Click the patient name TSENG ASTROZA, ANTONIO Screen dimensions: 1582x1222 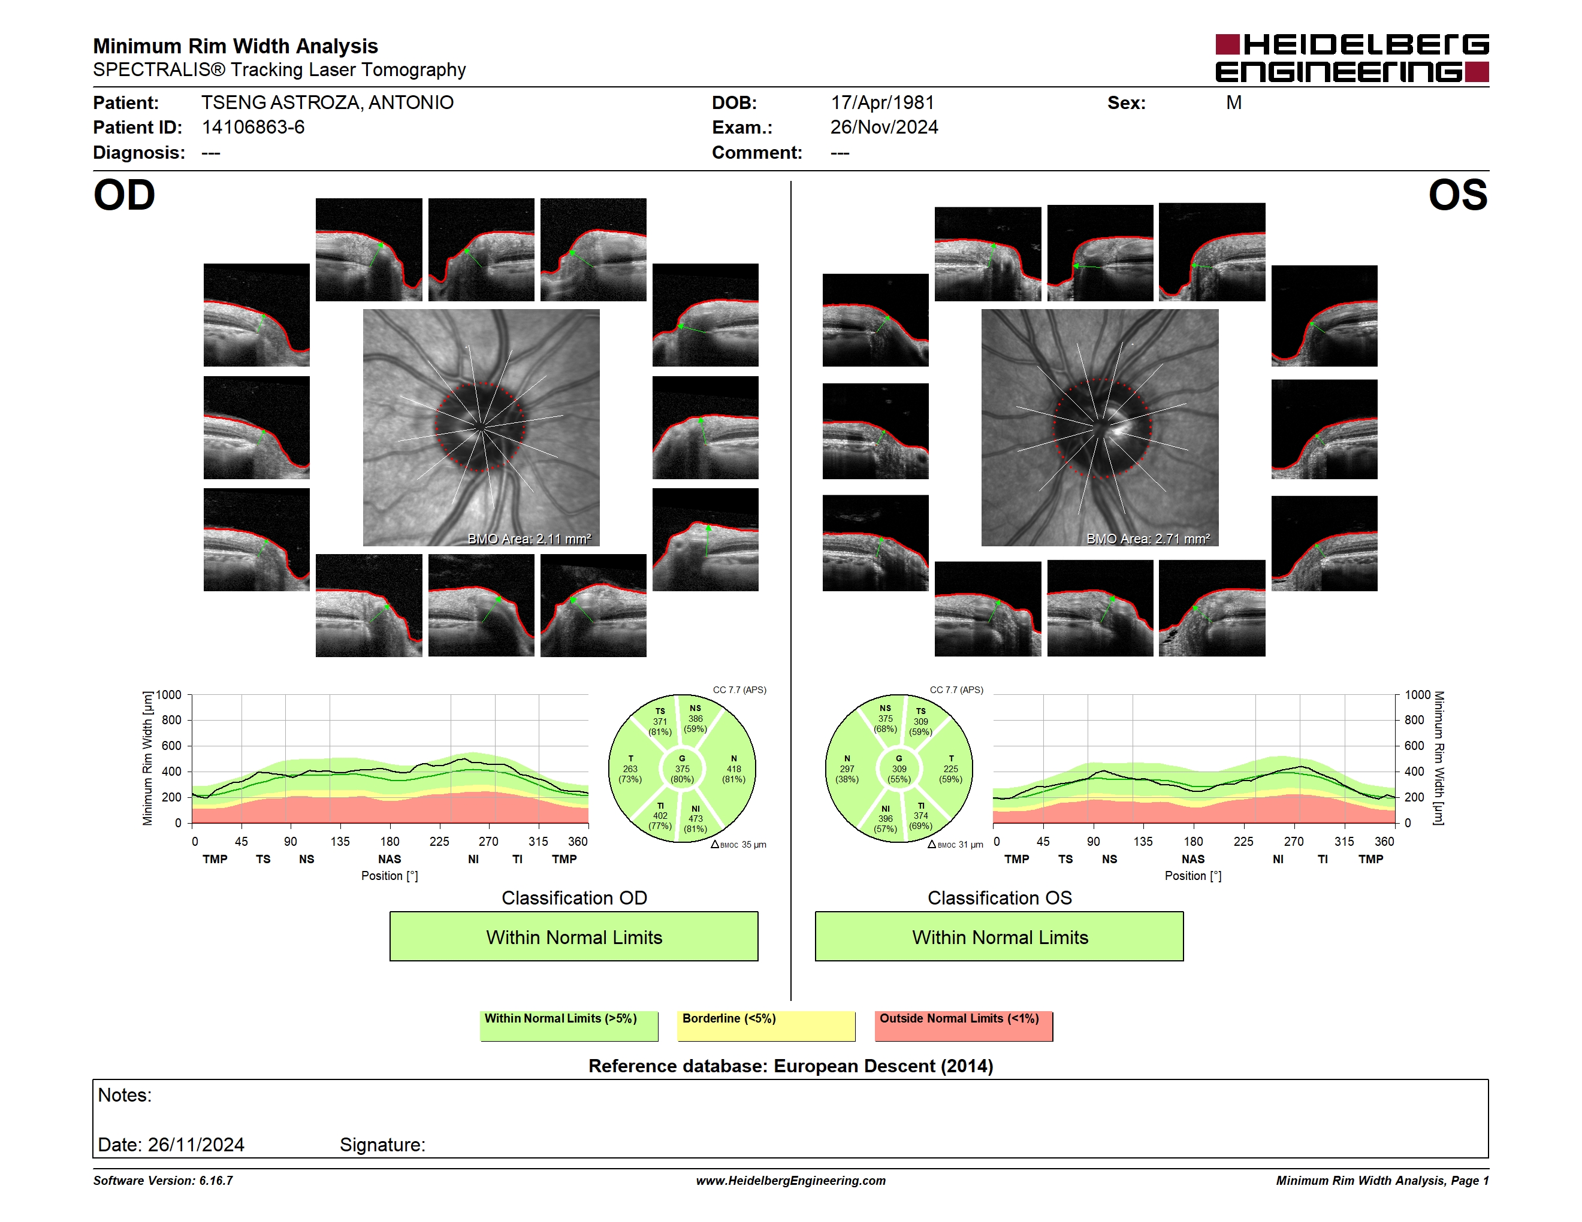tap(327, 103)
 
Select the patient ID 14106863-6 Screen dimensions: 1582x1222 tap(253, 128)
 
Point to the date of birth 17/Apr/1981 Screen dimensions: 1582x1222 tap(882, 103)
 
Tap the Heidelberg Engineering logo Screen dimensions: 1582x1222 tap(1352, 58)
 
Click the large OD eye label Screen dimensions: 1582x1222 tap(125, 195)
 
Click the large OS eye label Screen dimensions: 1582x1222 tap(1457, 195)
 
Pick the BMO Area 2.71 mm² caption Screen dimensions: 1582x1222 tap(1148, 539)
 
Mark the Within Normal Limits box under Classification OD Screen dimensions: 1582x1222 tap(573, 937)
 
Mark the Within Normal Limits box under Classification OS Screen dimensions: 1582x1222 tap(1000, 937)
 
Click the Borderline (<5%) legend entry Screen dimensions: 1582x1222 tap(766, 1026)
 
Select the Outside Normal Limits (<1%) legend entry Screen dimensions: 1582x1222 tap(964, 1026)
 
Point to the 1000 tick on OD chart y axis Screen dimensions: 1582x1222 tap(169, 695)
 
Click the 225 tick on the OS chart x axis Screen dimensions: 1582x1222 tap(1243, 841)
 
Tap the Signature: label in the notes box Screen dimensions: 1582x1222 tap(382, 1145)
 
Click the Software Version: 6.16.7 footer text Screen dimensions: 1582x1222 tap(163, 1181)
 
